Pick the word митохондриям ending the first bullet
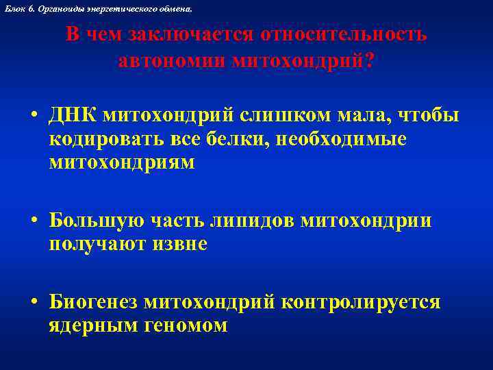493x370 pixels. point(122,162)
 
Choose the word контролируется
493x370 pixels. point(361,303)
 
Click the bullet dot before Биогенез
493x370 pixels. point(34,303)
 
